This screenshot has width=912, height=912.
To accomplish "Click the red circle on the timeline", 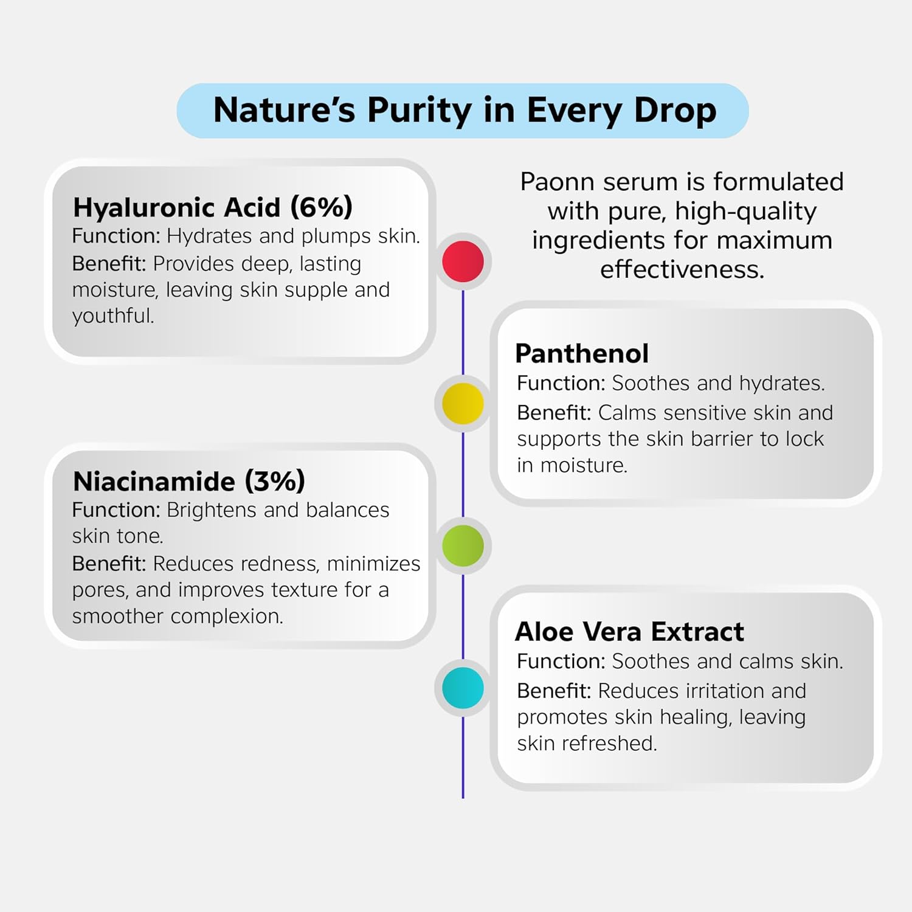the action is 463,261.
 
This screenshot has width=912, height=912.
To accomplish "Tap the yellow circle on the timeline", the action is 463,404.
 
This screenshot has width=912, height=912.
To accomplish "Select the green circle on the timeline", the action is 463,546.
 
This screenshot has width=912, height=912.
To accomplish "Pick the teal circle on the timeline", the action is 463,688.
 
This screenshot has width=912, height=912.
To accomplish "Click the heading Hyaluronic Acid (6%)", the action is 213,207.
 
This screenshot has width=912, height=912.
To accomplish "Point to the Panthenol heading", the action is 582,353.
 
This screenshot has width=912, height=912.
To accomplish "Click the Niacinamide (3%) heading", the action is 189,482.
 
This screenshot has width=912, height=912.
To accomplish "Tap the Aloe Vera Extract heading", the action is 629,632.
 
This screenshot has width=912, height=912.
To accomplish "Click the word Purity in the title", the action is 420,111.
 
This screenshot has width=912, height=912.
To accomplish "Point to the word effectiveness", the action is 682,269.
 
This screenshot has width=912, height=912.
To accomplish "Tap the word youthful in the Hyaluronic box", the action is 113,316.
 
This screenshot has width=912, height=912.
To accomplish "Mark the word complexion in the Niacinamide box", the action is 227,617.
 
